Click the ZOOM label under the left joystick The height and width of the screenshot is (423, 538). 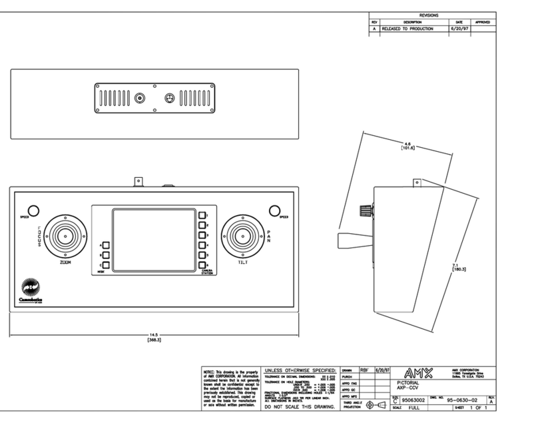65,262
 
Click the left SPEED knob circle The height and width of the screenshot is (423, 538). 33,209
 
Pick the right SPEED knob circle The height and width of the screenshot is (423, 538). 274,210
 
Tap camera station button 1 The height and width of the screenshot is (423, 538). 201,215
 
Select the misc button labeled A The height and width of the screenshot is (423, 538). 105,246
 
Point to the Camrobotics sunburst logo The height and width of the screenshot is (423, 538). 31,287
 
